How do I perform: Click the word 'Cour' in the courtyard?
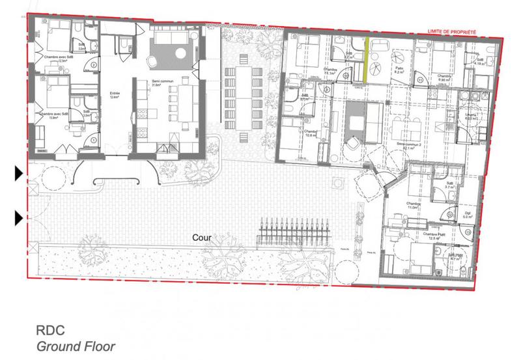(x=201, y=238)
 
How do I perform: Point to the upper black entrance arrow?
(x=19, y=173)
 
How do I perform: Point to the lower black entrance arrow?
(x=19, y=217)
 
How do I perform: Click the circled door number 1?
(x=94, y=140)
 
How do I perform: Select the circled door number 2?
(x=94, y=65)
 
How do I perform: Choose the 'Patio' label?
(x=397, y=67)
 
